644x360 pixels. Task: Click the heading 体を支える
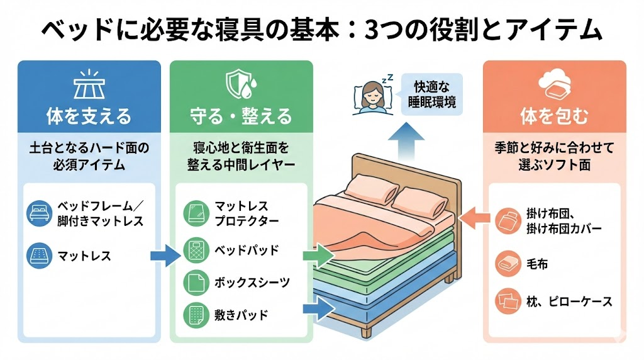coord(89,116)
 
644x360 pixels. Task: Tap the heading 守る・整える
coord(241,116)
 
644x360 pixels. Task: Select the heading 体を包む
coord(554,116)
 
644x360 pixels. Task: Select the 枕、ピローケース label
coord(570,301)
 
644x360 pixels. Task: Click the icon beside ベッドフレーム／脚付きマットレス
coord(38,213)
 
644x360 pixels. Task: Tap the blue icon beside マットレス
coord(38,256)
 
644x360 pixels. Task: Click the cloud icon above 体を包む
coord(554,84)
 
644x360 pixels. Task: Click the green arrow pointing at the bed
coord(316,256)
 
